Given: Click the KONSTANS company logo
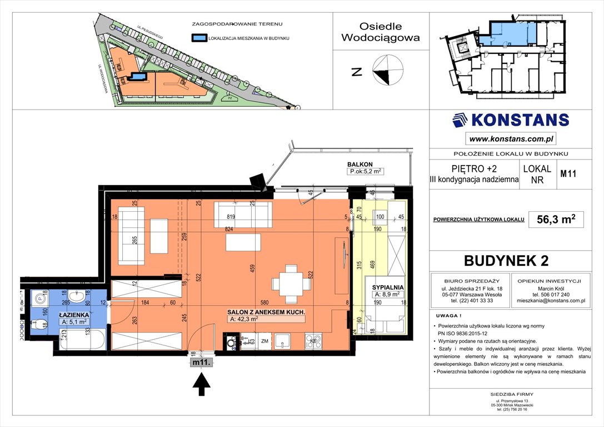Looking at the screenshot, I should pyautogui.click(x=510, y=120).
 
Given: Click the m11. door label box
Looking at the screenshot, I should pyautogui.click(x=202, y=363).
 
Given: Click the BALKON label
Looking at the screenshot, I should pyautogui.click(x=359, y=165).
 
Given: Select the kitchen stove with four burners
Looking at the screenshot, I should pyautogui.click(x=313, y=341).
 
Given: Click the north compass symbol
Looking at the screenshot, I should pyautogui.click(x=388, y=71).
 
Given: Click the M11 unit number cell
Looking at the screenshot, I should pyautogui.click(x=567, y=173).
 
